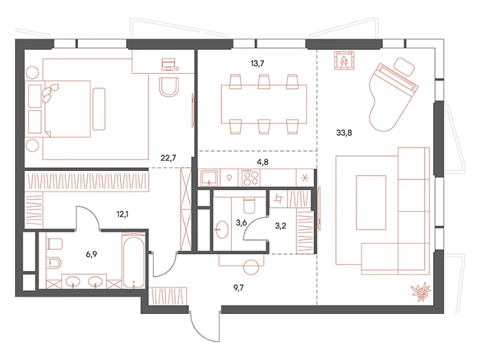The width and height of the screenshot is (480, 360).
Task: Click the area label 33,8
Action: pyautogui.click(x=343, y=133)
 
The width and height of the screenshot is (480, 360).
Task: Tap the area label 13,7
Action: pyautogui.click(x=257, y=63)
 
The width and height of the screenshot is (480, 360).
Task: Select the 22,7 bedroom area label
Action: pyautogui.click(x=168, y=158)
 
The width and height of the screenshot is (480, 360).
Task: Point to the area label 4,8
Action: pyautogui.click(x=263, y=162)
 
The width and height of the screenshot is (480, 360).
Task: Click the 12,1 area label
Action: pyautogui.click(x=122, y=214)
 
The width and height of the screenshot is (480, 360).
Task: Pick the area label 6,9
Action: pyautogui.click(x=91, y=254)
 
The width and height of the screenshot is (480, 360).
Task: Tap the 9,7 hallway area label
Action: pyautogui.click(x=238, y=288)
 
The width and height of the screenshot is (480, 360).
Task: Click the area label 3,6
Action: pyautogui.click(x=241, y=223)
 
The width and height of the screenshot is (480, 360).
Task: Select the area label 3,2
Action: pyautogui.click(x=281, y=226)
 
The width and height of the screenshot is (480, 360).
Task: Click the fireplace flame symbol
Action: pyautogui.click(x=345, y=61)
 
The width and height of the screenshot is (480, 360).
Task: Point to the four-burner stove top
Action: pyautogui.click(x=250, y=177)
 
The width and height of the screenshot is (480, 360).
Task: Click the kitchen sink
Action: pyautogui.click(x=209, y=178)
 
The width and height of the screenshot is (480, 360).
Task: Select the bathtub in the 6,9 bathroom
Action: pyautogui.click(x=133, y=261)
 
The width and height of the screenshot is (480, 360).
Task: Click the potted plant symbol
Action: pyautogui.click(x=421, y=291)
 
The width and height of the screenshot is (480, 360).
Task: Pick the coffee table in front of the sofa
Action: pyautogui.click(x=371, y=202)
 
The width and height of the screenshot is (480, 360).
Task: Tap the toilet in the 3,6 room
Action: pyautogui.click(x=249, y=206)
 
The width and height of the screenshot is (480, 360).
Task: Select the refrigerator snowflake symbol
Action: pyautogui.click(x=305, y=178)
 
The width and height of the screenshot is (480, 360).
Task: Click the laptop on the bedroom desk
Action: pyautogui.click(x=168, y=64)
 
